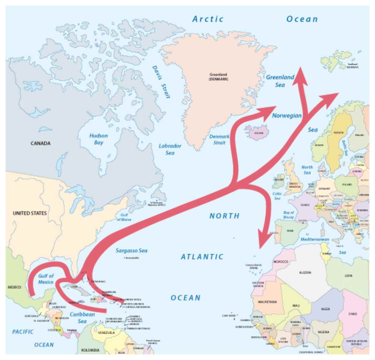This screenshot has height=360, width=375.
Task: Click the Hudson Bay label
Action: (98, 139)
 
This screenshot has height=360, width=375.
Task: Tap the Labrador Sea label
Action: (170, 149)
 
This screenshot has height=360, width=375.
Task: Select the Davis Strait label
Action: (161, 82)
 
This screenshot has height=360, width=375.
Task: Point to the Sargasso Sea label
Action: (131, 250)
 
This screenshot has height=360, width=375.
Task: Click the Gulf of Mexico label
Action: (46, 279)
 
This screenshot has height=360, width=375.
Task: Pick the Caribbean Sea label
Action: (82, 318)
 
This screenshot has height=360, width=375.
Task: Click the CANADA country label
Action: (40, 144)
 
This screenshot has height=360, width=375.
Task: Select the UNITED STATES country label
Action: (30, 213)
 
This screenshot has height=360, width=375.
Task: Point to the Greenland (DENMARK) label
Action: (218, 77)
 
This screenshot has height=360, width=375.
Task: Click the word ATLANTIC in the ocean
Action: (202, 257)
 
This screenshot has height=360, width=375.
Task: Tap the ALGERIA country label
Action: (305, 273)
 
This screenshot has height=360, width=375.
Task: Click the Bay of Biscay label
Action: (288, 215)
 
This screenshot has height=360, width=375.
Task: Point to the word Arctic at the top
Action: (208, 19)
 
